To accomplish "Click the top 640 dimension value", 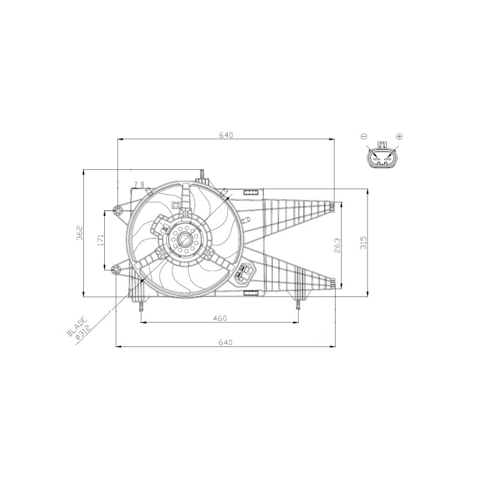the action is tap(227, 135).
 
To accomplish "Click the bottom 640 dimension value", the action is tap(225, 342).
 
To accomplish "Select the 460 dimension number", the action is tap(220, 318).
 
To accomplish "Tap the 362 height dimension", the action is tap(80, 233).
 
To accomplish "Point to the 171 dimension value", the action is tap(101, 240).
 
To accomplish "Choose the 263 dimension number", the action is tap(337, 245).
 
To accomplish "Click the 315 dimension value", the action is tap(363, 242).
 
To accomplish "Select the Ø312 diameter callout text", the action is tap(83, 333).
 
